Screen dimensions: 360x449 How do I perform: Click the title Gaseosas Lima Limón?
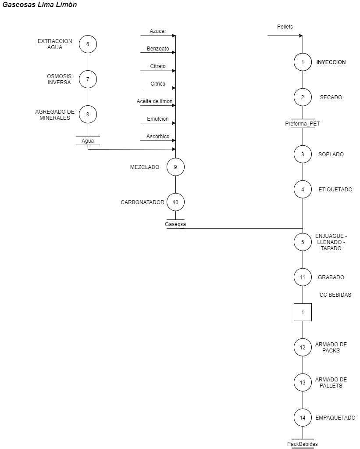pyautogui.click(x=39, y=4)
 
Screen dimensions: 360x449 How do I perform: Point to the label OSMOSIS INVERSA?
pyautogui.click(x=59, y=79)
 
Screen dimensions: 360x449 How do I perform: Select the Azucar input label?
pyautogui.click(x=158, y=31)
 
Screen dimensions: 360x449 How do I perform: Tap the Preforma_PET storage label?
pyautogui.click(x=303, y=124)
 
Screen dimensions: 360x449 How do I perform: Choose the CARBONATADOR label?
pyautogui.click(x=143, y=202)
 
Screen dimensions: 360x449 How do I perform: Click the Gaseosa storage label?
pyautogui.click(x=175, y=224)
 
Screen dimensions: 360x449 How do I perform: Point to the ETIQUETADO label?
pyautogui.click(x=335, y=189)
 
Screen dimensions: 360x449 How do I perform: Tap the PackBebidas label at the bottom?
pyautogui.click(x=303, y=444)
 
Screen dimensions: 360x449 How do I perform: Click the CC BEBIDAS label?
pyautogui.click(x=335, y=295)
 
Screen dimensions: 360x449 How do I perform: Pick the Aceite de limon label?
pyautogui.click(x=154, y=101)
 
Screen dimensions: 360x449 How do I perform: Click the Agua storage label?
pyautogui.click(x=88, y=141)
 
